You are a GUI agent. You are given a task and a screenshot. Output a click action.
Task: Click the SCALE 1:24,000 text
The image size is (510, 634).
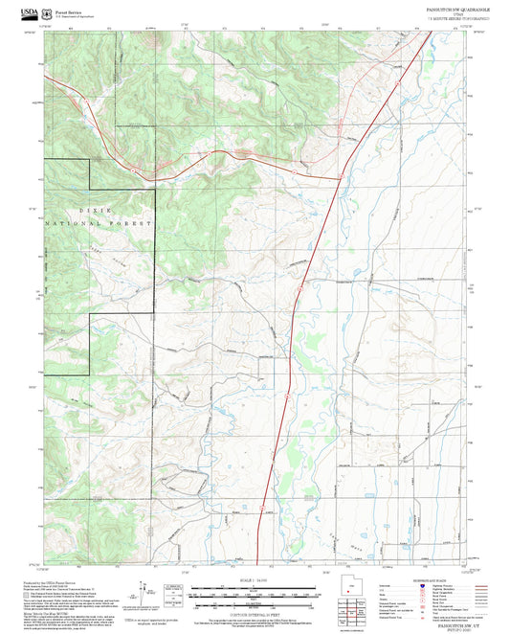255,580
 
